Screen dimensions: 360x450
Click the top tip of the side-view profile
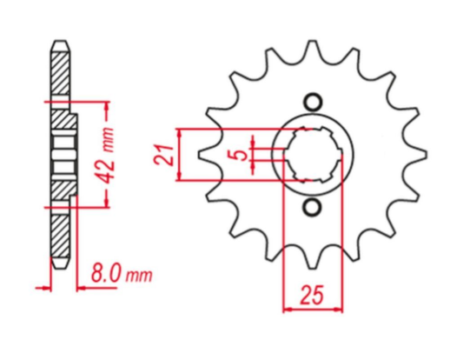(x=58, y=43)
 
